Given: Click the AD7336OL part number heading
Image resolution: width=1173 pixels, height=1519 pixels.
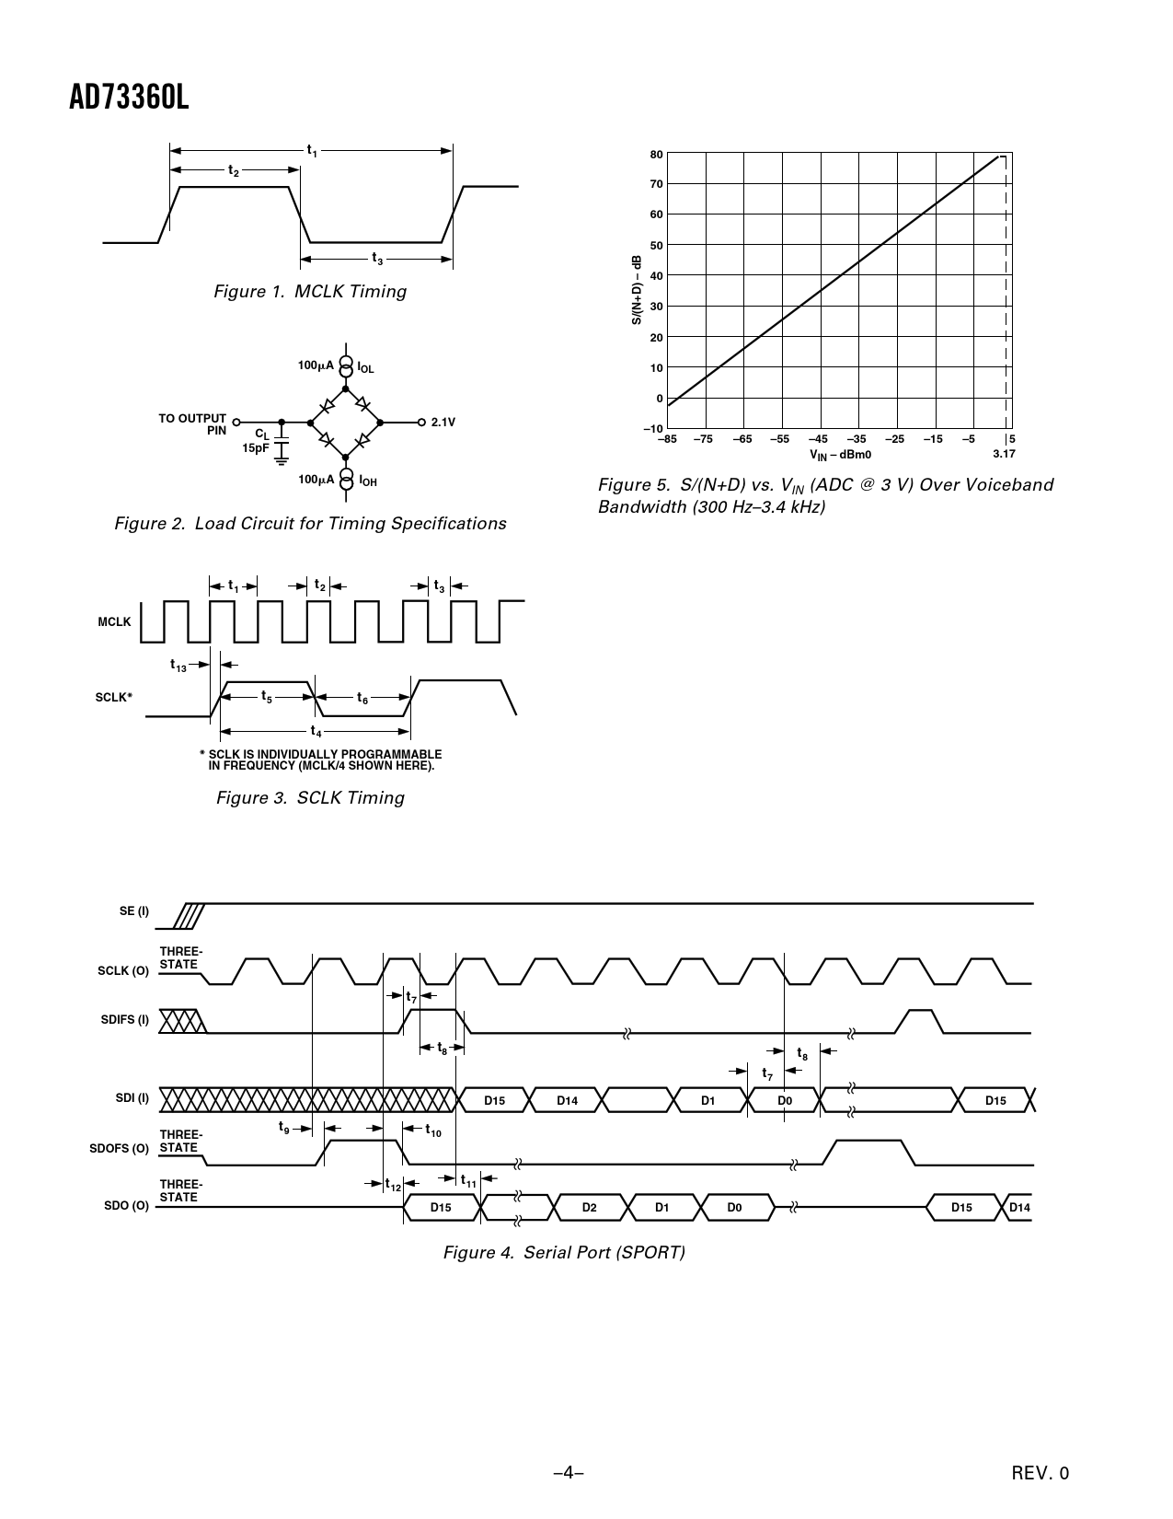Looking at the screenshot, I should (x=129, y=99).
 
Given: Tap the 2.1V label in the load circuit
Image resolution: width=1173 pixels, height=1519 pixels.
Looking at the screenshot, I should (x=443, y=423).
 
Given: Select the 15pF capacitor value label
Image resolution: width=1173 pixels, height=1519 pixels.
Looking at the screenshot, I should (x=255, y=447).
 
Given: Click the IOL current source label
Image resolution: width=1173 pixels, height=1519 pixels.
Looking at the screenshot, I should (x=365, y=368).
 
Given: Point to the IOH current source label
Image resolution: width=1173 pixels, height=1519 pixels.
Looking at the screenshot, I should (x=367, y=481).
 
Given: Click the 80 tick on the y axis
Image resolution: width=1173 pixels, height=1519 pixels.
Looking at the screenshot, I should (x=656, y=154).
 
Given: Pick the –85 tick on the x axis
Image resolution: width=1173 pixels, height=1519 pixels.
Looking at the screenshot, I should (x=667, y=439).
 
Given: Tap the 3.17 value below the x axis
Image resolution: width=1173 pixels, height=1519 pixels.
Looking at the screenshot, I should (x=1004, y=454).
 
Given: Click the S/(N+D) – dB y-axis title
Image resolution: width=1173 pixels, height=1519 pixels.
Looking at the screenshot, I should (x=636, y=289).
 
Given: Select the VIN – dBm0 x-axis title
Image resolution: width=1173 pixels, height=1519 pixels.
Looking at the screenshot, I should (x=840, y=455).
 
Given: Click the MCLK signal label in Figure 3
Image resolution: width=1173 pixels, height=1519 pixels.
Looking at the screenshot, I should (x=114, y=622).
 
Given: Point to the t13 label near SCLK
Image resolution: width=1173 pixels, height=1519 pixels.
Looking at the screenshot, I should (x=178, y=665).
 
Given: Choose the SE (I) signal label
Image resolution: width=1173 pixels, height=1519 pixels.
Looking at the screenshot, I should (x=133, y=911).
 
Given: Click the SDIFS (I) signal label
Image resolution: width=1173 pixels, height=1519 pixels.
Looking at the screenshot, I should (x=124, y=1020).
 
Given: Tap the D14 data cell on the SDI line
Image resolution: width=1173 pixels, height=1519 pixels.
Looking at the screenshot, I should (x=567, y=1100).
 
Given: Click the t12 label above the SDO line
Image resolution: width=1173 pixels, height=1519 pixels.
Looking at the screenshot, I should (x=393, y=1186).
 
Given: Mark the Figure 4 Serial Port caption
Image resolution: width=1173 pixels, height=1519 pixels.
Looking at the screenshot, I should (x=564, y=1253).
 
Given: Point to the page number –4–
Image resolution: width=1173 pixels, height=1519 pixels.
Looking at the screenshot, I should (x=569, y=1473).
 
